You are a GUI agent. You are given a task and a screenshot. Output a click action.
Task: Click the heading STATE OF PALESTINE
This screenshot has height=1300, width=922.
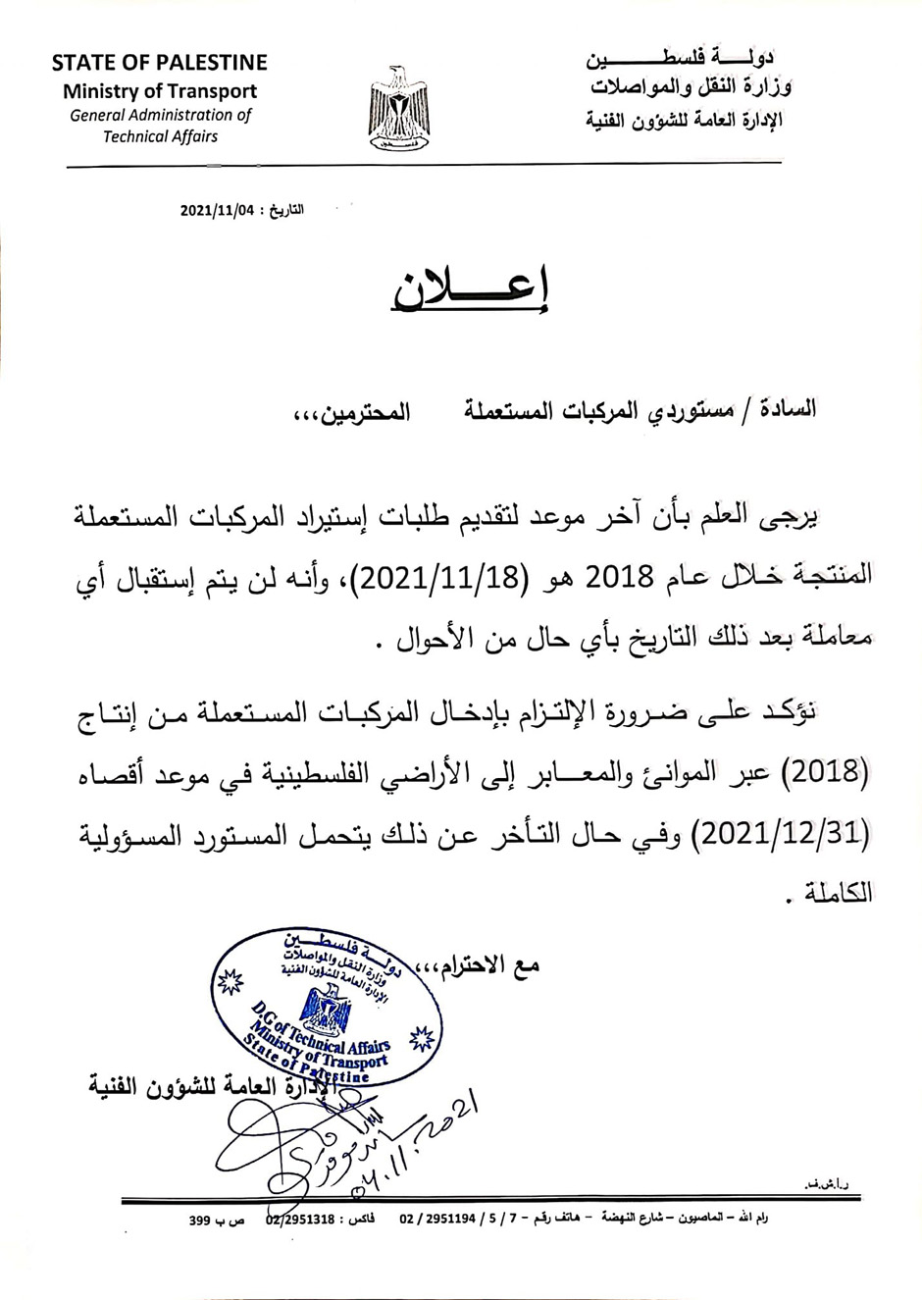(x=159, y=63)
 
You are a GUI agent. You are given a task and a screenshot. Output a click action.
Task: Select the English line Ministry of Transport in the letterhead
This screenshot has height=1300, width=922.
(x=160, y=91)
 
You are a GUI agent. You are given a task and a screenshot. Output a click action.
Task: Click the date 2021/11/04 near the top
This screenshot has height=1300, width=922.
(x=217, y=210)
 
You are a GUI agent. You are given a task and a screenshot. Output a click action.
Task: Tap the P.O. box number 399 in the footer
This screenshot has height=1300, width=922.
(x=201, y=1221)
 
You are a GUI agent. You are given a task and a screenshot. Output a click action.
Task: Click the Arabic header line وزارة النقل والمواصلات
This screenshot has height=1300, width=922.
(x=691, y=88)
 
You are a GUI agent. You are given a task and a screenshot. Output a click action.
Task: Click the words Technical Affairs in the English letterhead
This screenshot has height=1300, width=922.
(x=160, y=136)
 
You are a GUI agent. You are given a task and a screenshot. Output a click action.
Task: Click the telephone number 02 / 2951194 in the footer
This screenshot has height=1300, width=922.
(x=437, y=1220)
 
